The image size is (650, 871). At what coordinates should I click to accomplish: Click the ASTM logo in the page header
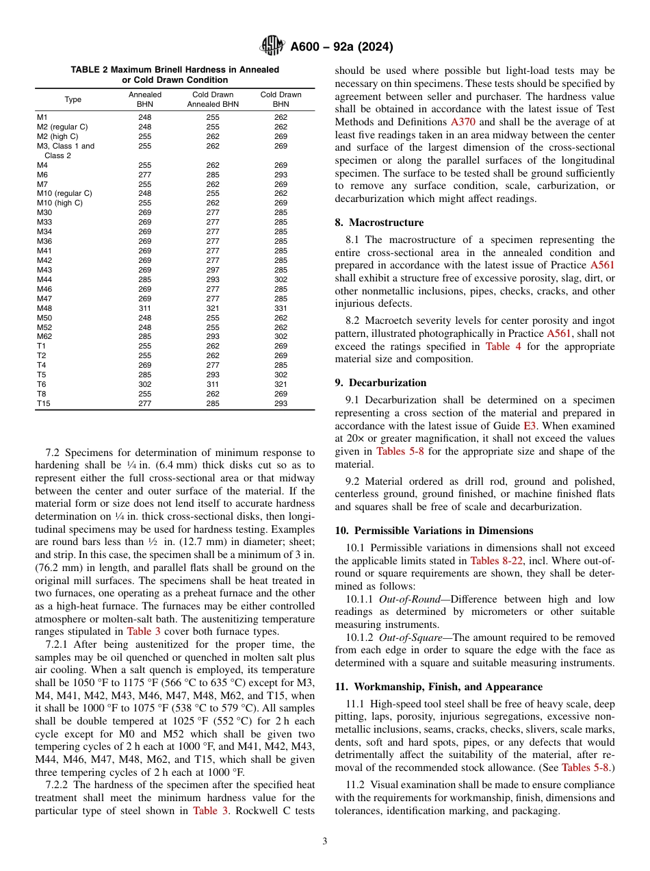(x=273, y=47)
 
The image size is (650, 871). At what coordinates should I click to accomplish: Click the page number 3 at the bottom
(x=324, y=841)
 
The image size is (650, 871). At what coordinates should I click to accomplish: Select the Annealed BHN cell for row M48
(x=144, y=308)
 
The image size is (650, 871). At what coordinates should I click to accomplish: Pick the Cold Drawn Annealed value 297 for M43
(x=213, y=270)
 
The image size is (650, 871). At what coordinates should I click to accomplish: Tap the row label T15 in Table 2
(x=43, y=403)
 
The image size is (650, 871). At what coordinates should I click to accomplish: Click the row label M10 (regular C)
(x=64, y=194)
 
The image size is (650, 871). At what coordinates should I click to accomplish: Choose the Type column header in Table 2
(x=73, y=99)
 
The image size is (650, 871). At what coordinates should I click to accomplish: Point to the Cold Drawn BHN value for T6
(x=281, y=384)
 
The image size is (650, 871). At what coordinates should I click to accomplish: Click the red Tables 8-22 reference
(x=493, y=560)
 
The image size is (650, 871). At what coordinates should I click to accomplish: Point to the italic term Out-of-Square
(x=410, y=638)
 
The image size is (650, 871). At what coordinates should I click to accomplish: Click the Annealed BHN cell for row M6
(x=144, y=175)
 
